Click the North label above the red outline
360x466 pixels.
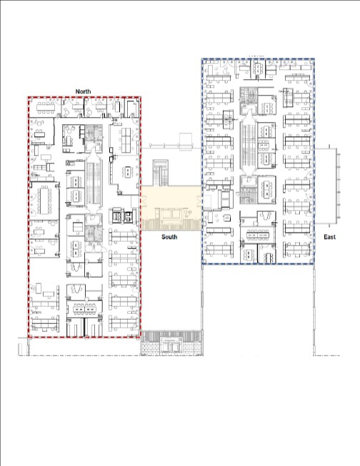coord(83,91)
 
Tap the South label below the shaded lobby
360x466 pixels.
coord(169,237)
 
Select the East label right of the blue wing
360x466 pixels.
coord(330,237)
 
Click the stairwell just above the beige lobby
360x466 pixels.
coord(161,173)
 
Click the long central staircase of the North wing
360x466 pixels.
coord(94,183)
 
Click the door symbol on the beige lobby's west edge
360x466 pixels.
coord(143,202)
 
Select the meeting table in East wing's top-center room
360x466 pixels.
coord(256,69)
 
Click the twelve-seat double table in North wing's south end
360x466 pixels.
coord(84,310)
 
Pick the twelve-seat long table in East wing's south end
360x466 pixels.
coord(257,235)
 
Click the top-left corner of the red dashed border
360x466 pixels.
coord(29,97)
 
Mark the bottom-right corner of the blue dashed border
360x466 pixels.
coord(314,263)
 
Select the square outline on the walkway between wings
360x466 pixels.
coord(186,142)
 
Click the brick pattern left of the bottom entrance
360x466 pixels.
coord(151,348)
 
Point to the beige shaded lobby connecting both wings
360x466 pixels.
coord(171,208)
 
